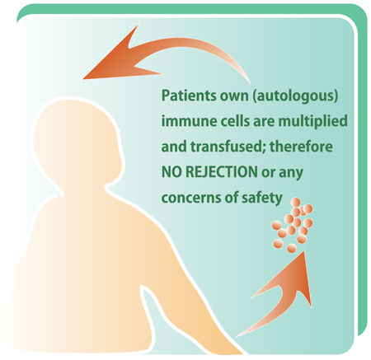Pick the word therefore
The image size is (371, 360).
[x=301, y=147]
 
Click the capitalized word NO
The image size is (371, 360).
[x=171, y=172]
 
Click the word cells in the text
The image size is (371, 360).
[x=236, y=121]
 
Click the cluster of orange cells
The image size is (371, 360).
[x=293, y=225]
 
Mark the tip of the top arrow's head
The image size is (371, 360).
[x=83, y=79]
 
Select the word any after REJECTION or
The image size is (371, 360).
[x=291, y=173]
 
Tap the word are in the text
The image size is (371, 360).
[x=264, y=122]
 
